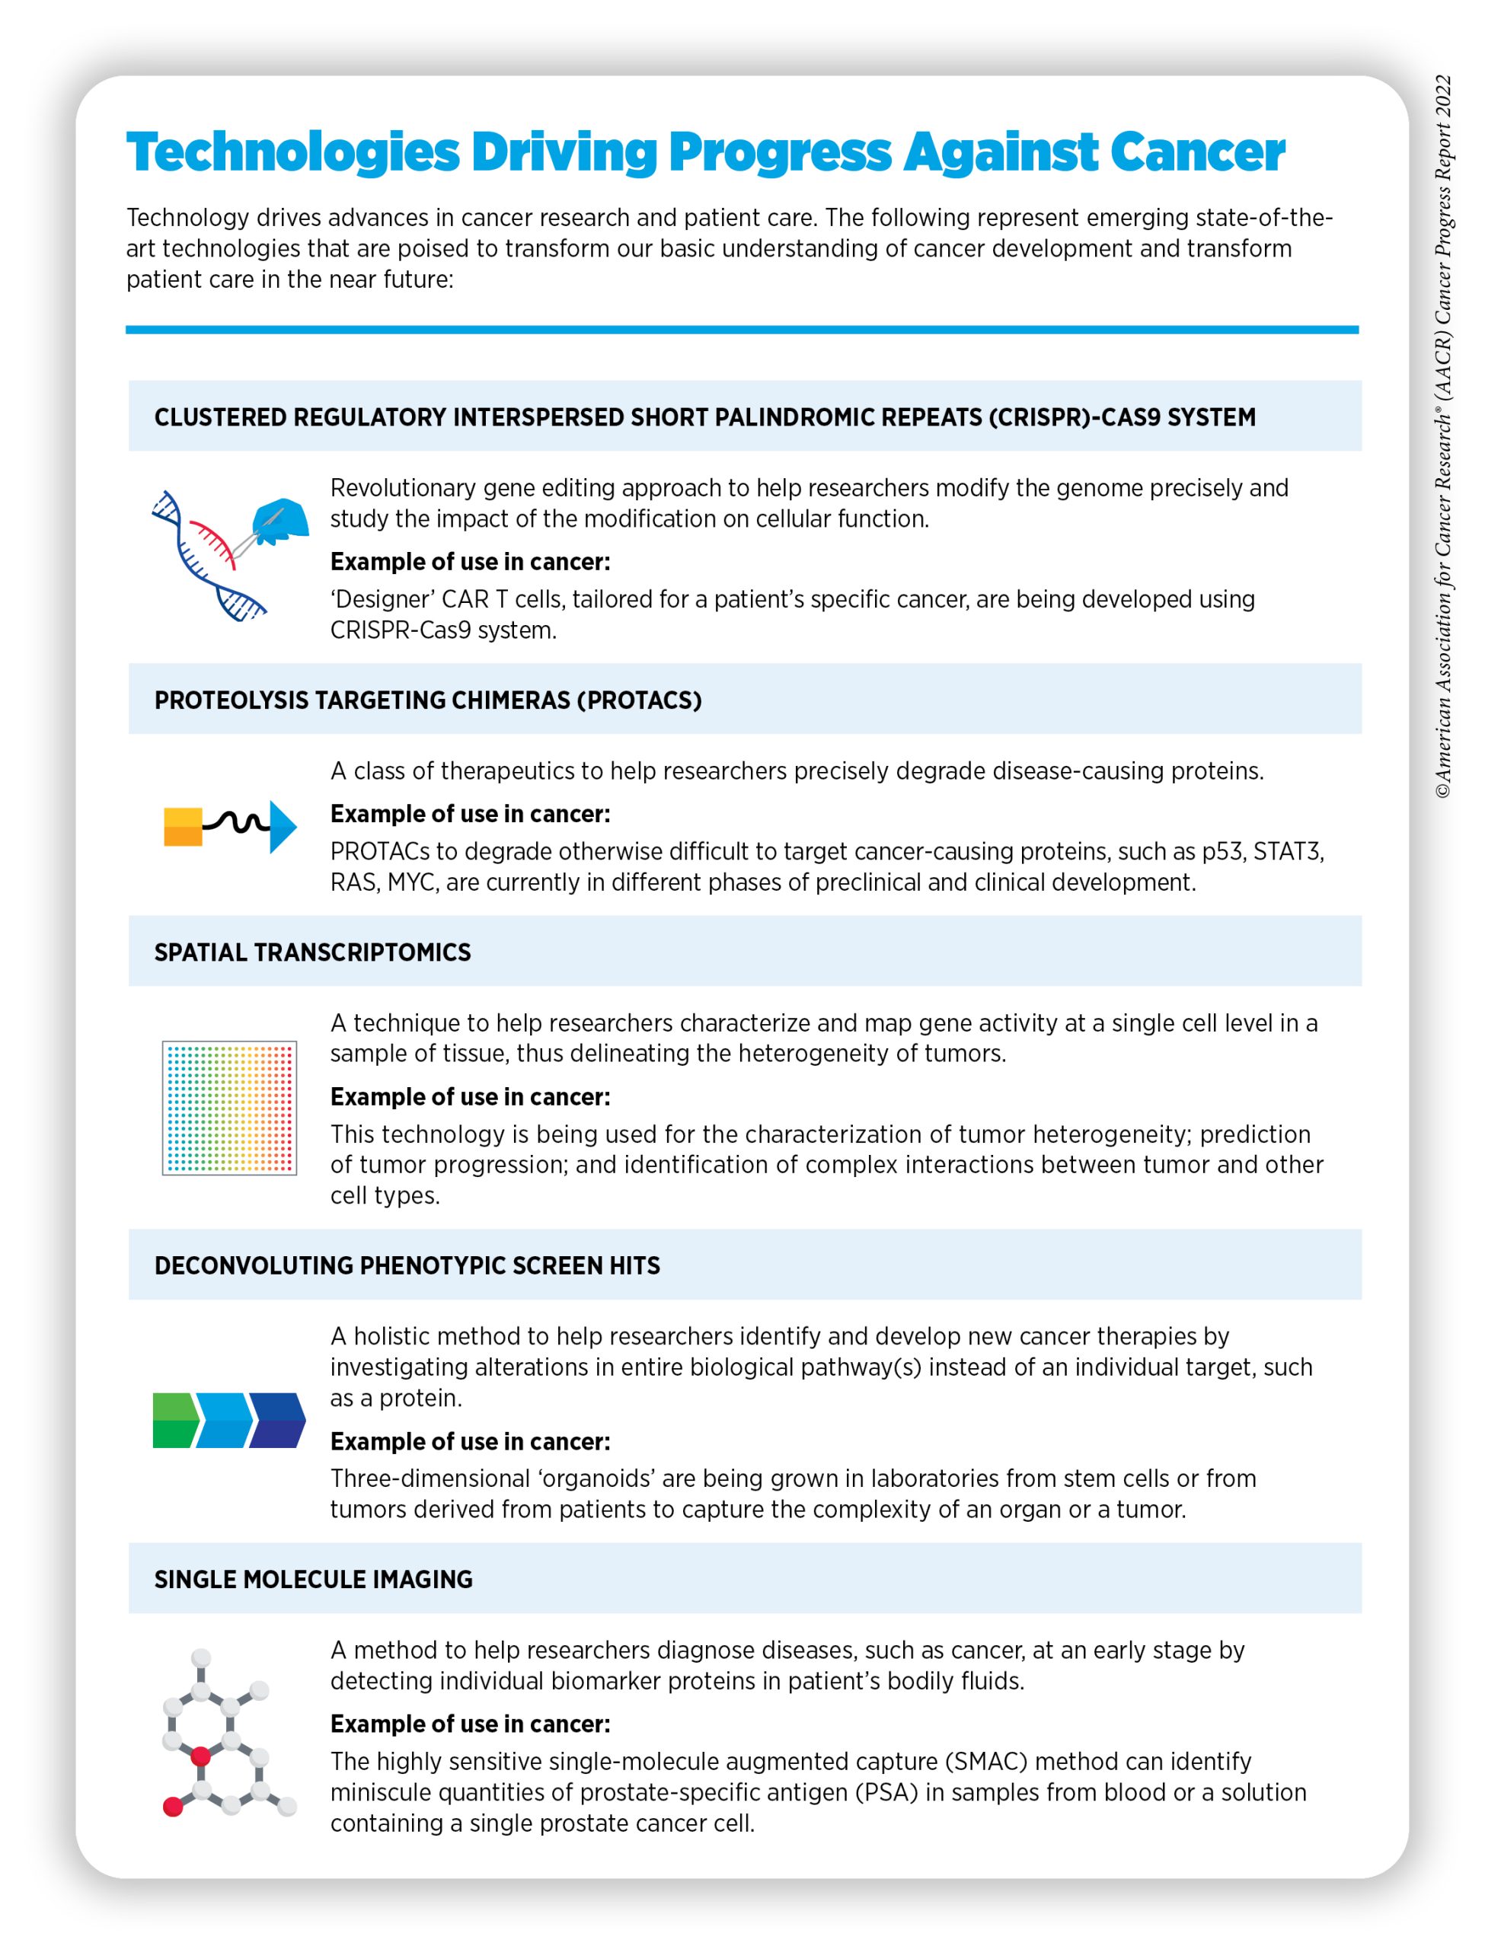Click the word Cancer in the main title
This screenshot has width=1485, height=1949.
click(1197, 152)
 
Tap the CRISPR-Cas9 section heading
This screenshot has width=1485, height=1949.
click(704, 417)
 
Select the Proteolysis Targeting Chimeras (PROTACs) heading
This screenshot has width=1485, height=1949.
click(428, 700)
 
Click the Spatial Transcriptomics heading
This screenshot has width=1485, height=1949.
click(312, 952)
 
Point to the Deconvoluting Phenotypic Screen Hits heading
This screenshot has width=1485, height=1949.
click(407, 1265)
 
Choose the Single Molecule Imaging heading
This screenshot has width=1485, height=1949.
click(313, 1579)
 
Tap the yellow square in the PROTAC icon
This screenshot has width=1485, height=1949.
click(183, 827)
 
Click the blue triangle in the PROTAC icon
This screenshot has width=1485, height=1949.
click(282, 827)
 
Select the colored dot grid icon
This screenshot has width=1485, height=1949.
click(229, 1108)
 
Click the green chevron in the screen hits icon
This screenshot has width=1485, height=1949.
click(176, 1420)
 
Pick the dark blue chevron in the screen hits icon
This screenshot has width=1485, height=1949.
click(277, 1420)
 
